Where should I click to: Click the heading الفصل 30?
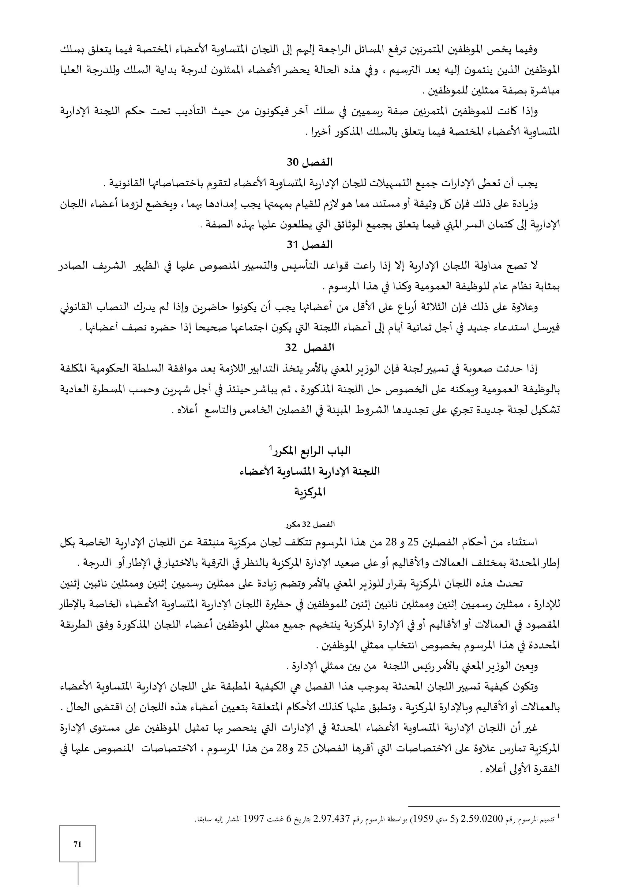tap(310, 162)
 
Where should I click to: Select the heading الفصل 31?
tap(310, 245)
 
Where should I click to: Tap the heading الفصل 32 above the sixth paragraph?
tap(310, 348)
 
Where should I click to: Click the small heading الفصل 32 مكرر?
tap(310, 525)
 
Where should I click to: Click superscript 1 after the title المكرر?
tap(271, 447)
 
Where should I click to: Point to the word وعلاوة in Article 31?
tap(524, 308)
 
